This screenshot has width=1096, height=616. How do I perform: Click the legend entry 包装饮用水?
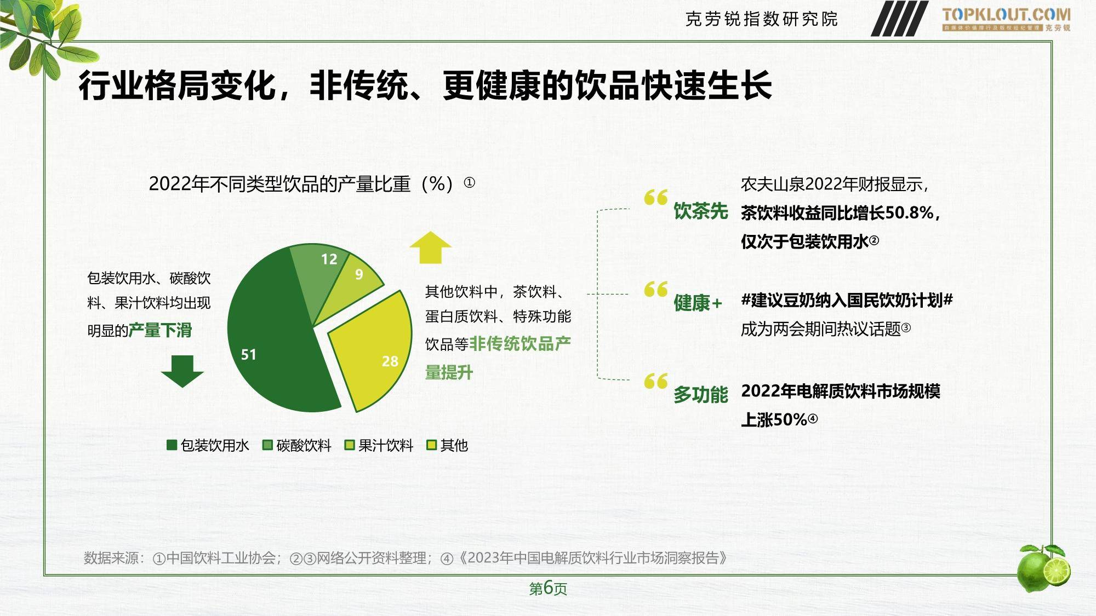click(x=208, y=445)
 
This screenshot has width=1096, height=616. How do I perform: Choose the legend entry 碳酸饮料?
click(x=297, y=445)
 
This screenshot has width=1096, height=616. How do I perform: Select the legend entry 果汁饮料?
click(x=379, y=445)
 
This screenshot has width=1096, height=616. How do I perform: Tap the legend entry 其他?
click(x=447, y=445)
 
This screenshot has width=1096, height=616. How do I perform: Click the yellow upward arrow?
click(x=431, y=247)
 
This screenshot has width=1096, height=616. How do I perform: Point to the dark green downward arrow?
click(x=182, y=371)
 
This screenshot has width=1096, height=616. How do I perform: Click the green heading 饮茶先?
click(x=701, y=211)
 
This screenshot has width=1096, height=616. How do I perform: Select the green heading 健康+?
click(x=698, y=302)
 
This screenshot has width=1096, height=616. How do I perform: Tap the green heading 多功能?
click(x=701, y=394)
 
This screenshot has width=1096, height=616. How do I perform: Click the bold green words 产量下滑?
click(x=160, y=330)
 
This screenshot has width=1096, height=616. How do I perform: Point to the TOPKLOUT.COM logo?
click(x=1006, y=19)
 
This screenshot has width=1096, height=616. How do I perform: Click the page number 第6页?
click(x=548, y=588)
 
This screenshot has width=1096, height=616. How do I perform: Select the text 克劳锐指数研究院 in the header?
click(x=762, y=19)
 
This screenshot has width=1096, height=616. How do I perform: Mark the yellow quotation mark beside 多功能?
click(x=656, y=381)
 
